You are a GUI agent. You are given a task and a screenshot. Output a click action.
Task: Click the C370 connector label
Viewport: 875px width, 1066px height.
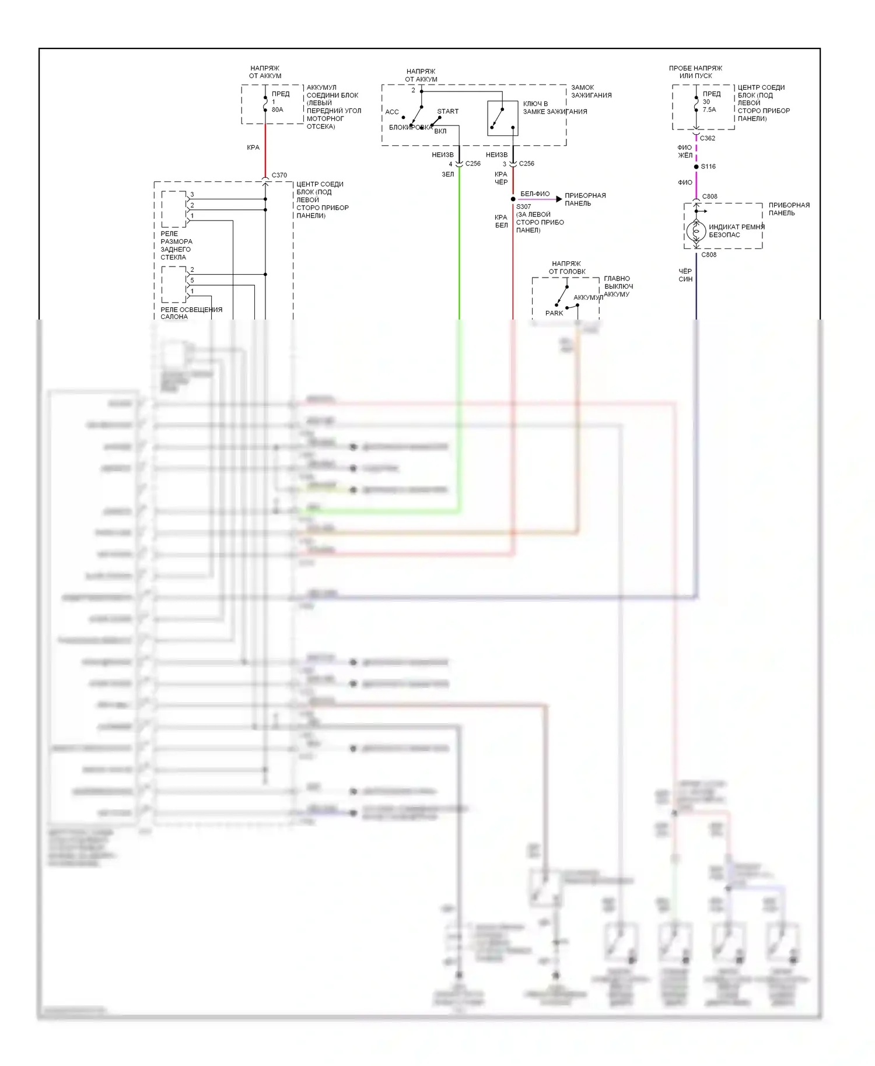[x=279, y=175]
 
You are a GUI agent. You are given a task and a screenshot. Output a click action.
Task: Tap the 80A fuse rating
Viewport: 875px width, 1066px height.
[x=277, y=110]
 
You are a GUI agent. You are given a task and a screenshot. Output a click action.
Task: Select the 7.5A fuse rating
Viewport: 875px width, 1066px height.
[x=709, y=110]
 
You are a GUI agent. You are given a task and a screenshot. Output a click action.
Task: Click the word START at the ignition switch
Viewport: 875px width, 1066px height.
[x=448, y=111]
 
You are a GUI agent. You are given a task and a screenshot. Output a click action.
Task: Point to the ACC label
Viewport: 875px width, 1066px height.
[x=392, y=112]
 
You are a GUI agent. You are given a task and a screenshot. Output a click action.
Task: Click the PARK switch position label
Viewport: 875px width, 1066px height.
[x=554, y=313]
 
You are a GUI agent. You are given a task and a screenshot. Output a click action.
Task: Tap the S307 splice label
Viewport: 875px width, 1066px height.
[x=523, y=206]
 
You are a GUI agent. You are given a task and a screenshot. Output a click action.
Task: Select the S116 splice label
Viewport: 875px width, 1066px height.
[x=708, y=167]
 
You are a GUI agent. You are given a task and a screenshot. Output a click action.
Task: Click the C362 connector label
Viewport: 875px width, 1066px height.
[x=707, y=138]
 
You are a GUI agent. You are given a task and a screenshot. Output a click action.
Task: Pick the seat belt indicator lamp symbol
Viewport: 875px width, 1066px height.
[x=696, y=232]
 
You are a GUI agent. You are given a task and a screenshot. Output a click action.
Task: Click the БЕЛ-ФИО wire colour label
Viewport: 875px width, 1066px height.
[x=535, y=194]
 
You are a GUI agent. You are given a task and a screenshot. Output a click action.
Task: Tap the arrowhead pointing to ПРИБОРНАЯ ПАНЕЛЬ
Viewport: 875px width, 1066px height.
[x=559, y=199]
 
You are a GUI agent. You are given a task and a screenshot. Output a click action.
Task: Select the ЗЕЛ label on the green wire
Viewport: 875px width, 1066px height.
[x=447, y=174]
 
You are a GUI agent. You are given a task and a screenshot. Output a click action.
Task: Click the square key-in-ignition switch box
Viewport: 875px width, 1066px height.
[x=502, y=118]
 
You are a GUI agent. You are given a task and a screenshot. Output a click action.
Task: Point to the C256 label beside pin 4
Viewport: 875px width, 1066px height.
[x=473, y=164]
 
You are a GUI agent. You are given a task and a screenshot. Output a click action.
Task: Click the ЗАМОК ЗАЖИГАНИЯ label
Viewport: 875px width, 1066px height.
[x=591, y=92]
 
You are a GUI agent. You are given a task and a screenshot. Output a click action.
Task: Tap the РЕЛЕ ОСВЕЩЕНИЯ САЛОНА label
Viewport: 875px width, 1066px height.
[x=191, y=313]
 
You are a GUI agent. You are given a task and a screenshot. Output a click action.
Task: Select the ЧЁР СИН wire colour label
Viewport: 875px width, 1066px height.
[x=685, y=275]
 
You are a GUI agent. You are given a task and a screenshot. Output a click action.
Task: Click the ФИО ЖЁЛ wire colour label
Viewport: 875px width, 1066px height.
[x=685, y=152]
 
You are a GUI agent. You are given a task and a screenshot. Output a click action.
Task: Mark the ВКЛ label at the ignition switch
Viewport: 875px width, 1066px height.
[x=440, y=131]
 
